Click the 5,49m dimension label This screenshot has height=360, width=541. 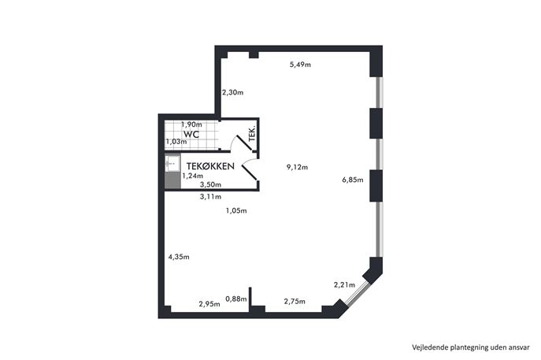tap(300, 65)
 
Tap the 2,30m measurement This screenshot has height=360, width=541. tap(232, 92)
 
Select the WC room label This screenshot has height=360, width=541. tap(191, 134)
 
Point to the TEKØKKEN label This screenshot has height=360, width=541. tap(210, 166)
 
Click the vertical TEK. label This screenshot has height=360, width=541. tap(252, 134)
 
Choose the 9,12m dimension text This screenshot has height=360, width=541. tap(297, 168)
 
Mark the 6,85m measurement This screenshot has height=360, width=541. tap(353, 180)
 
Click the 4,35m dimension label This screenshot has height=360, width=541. tap(179, 257)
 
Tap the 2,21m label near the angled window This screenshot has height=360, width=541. tap(344, 285)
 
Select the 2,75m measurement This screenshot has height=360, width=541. tap(295, 302)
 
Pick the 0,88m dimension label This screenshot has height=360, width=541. tap(236, 299)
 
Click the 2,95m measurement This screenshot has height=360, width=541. tap(209, 304)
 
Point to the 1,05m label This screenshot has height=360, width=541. tap(236, 211)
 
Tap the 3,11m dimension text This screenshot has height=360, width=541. tap(210, 197)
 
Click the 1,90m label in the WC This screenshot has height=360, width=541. tap(191, 124)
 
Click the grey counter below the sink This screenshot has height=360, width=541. tap(172, 180)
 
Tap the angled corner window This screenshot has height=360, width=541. tap(357, 293)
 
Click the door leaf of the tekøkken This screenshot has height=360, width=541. tap(249, 173)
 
